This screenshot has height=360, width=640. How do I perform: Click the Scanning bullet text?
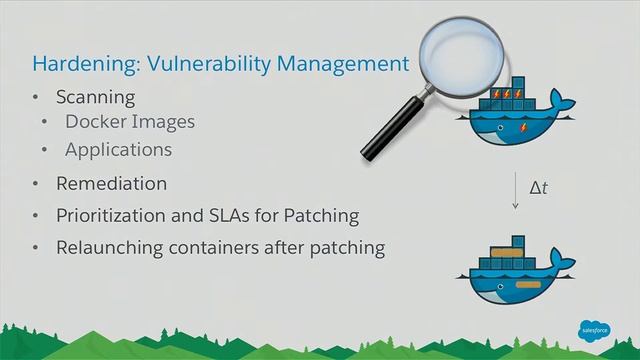tap(95, 97)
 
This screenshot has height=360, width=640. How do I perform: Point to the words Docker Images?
tap(129, 122)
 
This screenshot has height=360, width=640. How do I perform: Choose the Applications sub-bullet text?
tap(118, 150)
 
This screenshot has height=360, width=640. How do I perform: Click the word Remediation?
tap(111, 184)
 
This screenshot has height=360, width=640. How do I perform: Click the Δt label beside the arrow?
tap(538, 185)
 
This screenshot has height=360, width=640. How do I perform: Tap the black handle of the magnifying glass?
tap(387, 130)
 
